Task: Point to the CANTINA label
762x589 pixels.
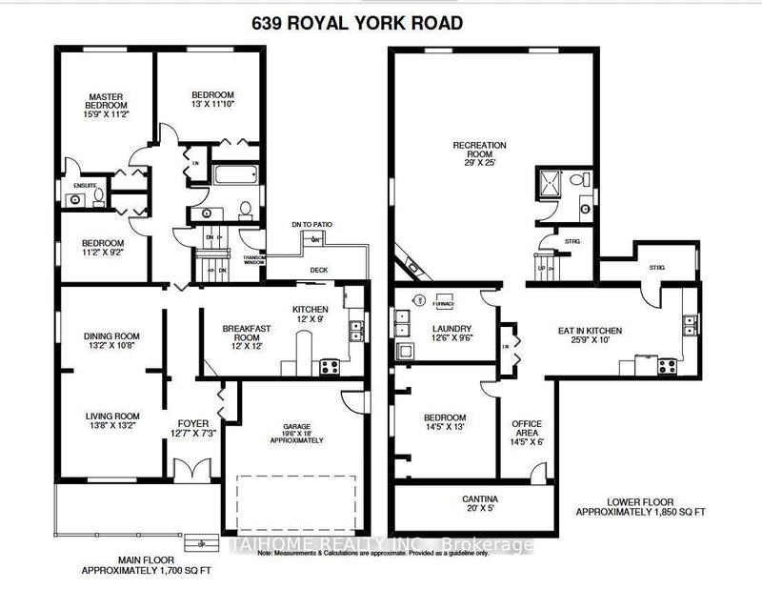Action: pyautogui.click(x=480, y=498)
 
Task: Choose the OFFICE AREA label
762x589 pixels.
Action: pyautogui.click(x=526, y=425)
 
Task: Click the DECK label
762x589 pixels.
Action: pyautogui.click(x=317, y=269)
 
